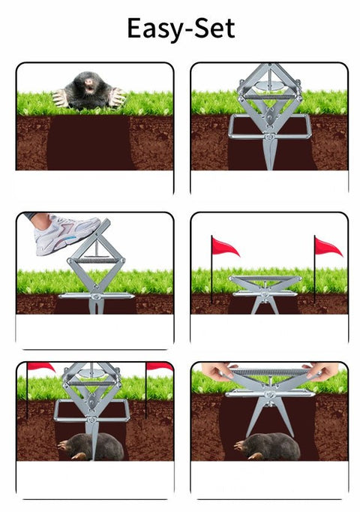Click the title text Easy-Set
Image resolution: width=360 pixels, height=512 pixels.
[180, 29]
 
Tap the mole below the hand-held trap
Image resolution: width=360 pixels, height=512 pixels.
[267, 446]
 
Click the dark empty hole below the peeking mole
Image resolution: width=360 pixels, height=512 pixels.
[89, 143]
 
